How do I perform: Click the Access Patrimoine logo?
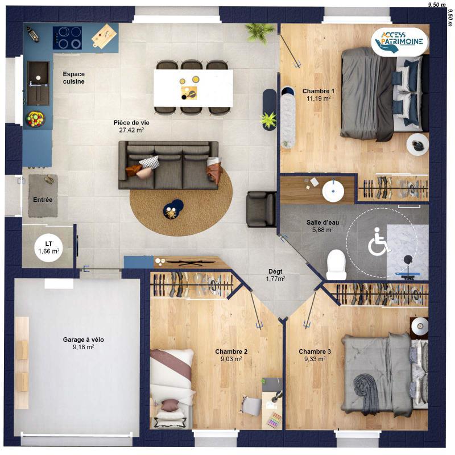tap(398, 42)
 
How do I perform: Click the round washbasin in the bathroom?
tap(333, 191)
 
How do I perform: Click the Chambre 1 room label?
tap(318, 91)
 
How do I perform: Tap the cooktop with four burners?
tap(67, 38)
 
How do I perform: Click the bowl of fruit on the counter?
tap(35, 119)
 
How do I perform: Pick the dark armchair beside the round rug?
tap(260, 208)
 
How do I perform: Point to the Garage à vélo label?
tap(83, 340)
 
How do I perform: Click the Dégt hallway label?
tap(275, 272)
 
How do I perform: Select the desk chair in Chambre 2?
tap(251, 405)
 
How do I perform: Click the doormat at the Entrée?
tap(43, 195)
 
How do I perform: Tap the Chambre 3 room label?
tap(315, 351)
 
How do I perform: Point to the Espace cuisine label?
tap(74, 78)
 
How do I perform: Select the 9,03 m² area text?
tap(231, 359)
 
